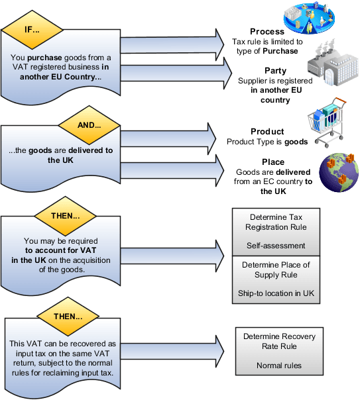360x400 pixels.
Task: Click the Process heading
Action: [x=267, y=31]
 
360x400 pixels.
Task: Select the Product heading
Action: [x=267, y=131]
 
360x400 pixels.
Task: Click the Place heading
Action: [x=268, y=162]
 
